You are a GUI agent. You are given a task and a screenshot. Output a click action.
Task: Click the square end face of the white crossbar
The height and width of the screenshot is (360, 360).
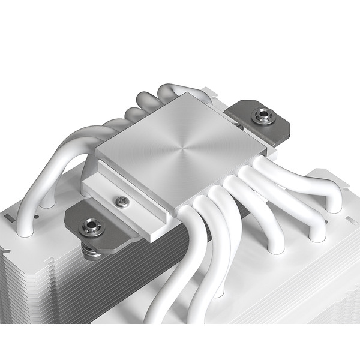point(153,231)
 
